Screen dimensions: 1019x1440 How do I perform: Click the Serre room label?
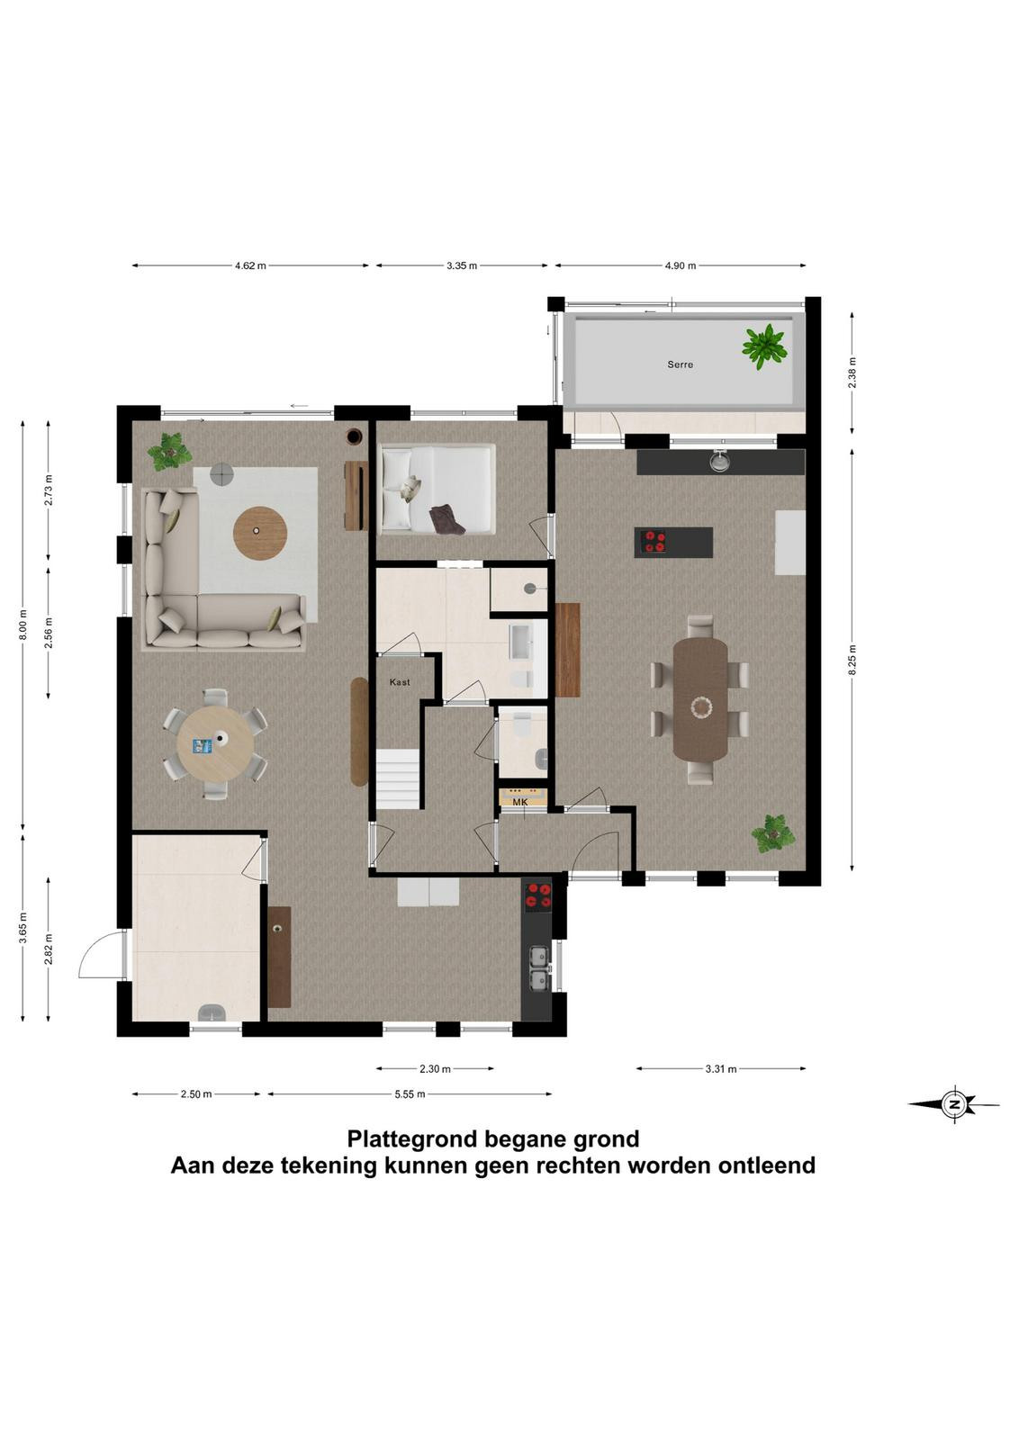pyautogui.click(x=680, y=364)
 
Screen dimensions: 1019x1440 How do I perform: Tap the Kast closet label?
pyautogui.click(x=400, y=682)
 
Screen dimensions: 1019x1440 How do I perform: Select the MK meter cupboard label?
pyautogui.click(x=519, y=802)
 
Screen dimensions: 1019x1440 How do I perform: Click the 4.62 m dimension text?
pyautogui.click(x=250, y=265)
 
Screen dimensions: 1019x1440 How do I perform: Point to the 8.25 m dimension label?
pyautogui.click(x=852, y=660)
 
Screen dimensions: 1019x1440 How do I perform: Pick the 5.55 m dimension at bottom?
pyautogui.click(x=410, y=1094)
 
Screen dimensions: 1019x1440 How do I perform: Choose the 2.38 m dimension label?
pyautogui.click(x=852, y=373)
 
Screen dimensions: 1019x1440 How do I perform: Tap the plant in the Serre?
pyautogui.click(x=763, y=346)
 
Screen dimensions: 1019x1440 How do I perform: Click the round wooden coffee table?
pyautogui.click(x=259, y=533)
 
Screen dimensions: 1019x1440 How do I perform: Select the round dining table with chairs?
pyautogui.click(x=215, y=743)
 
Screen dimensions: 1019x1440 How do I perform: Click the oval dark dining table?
pyautogui.click(x=700, y=698)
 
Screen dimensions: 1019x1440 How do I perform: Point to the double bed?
pyautogui.click(x=437, y=490)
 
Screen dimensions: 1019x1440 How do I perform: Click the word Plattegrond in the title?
pyautogui.click(x=413, y=1138)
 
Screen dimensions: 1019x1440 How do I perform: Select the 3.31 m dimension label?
pyautogui.click(x=720, y=1068)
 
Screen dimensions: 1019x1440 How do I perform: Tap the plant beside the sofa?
pyautogui.click(x=169, y=452)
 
